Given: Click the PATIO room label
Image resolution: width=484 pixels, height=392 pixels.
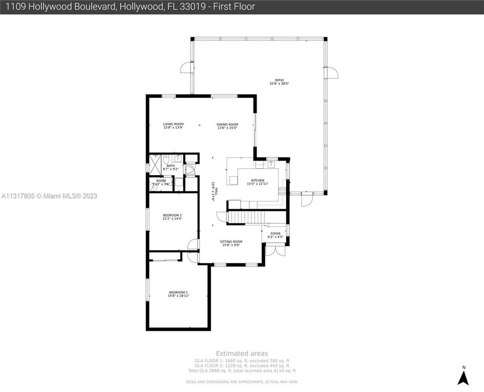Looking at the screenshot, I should click(x=279, y=81).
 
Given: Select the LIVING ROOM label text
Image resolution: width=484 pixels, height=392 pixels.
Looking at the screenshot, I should click(x=173, y=124).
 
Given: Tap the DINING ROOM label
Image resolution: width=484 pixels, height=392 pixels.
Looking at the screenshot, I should click(x=227, y=124).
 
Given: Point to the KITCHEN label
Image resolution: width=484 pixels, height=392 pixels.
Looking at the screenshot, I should click(x=258, y=180).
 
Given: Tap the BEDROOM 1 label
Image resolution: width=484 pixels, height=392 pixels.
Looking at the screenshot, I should click(x=178, y=292).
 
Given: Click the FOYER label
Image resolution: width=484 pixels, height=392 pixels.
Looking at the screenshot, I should click(x=276, y=234).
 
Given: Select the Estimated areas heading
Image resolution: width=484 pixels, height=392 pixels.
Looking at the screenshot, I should click(x=242, y=353).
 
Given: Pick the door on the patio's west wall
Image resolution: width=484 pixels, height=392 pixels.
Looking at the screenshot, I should click(x=186, y=68).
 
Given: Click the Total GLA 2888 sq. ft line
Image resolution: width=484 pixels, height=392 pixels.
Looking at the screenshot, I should click(x=242, y=371).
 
